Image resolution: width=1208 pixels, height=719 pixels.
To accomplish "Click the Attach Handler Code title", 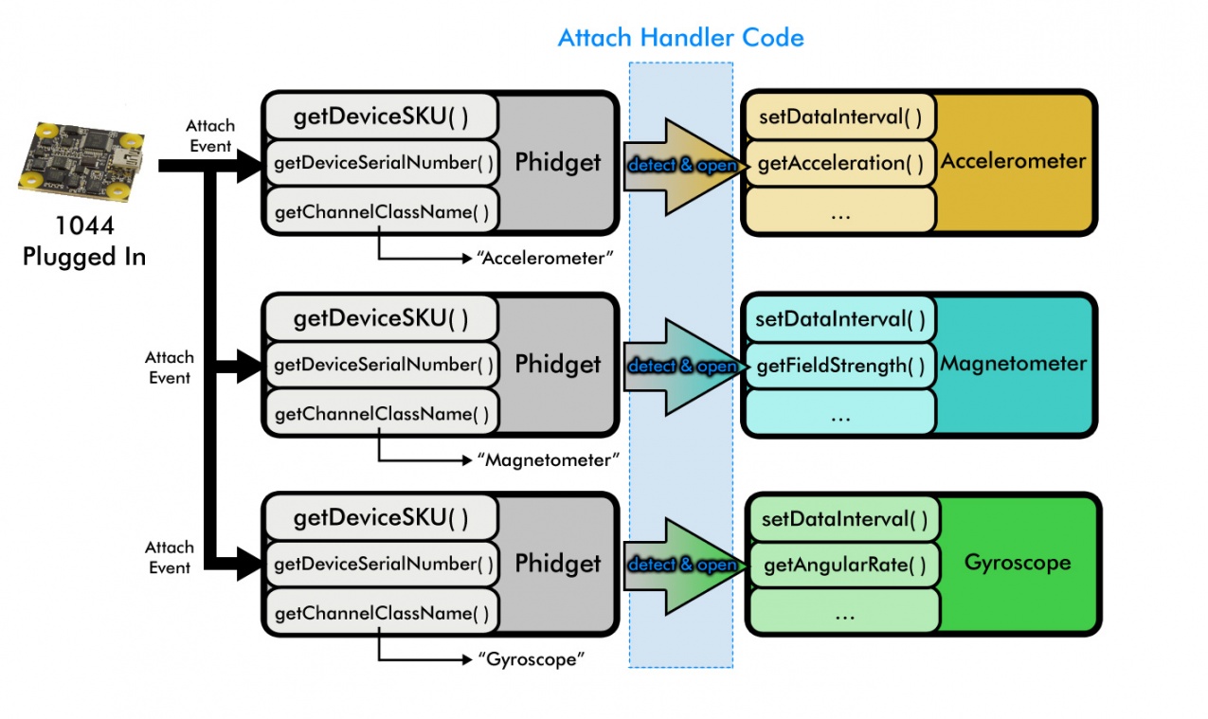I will click(x=680, y=38).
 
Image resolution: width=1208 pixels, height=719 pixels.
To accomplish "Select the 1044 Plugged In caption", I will click(x=84, y=243).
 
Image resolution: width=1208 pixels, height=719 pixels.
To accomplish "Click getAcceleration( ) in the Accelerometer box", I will click(x=840, y=163).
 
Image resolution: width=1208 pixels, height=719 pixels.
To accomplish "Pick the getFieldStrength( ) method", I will click(x=840, y=366).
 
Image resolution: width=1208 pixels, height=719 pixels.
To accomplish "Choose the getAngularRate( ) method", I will click(x=844, y=566).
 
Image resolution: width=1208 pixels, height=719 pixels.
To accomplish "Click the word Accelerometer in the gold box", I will click(x=1013, y=161).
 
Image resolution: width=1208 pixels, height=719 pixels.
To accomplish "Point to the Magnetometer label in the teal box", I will click(x=1013, y=364).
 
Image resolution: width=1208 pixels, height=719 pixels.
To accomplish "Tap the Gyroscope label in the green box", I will click(x=1018, y=563).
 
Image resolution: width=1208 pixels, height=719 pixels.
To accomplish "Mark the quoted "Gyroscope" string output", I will click(x=528, y=659).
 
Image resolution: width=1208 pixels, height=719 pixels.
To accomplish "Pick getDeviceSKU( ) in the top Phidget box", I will click(x=381, y=116).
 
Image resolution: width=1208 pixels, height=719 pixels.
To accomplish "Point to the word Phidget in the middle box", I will click(x=558, y=364).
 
